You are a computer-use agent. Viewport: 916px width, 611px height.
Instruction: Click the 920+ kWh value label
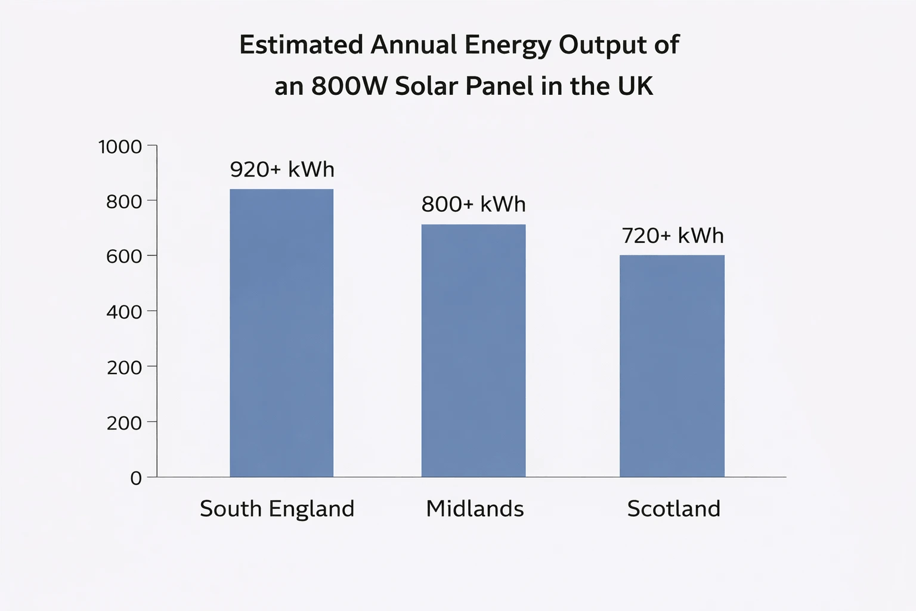coord(282,169)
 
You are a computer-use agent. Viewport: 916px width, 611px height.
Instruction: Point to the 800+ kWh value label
coord(474,205)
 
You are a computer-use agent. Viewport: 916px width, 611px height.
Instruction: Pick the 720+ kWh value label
coord(672,236)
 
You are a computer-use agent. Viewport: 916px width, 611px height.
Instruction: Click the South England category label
coord(277,509)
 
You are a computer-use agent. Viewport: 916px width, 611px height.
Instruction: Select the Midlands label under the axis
coord(475,509)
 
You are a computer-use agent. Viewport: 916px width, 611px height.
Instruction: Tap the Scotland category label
coord(673,509)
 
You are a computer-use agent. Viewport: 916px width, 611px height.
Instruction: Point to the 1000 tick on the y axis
coord(120,147)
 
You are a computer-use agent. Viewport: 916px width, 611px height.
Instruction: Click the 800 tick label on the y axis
coord(124,202)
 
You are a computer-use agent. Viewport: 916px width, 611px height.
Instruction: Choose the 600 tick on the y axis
coord(124,257)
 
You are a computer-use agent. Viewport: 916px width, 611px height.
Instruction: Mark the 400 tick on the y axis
coord(124,312)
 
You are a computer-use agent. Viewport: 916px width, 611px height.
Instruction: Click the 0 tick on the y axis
coord(136,478)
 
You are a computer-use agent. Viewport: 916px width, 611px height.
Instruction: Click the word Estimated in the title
coord(301,45)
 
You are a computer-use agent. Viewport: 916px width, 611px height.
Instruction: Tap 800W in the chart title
coord(349,87)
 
